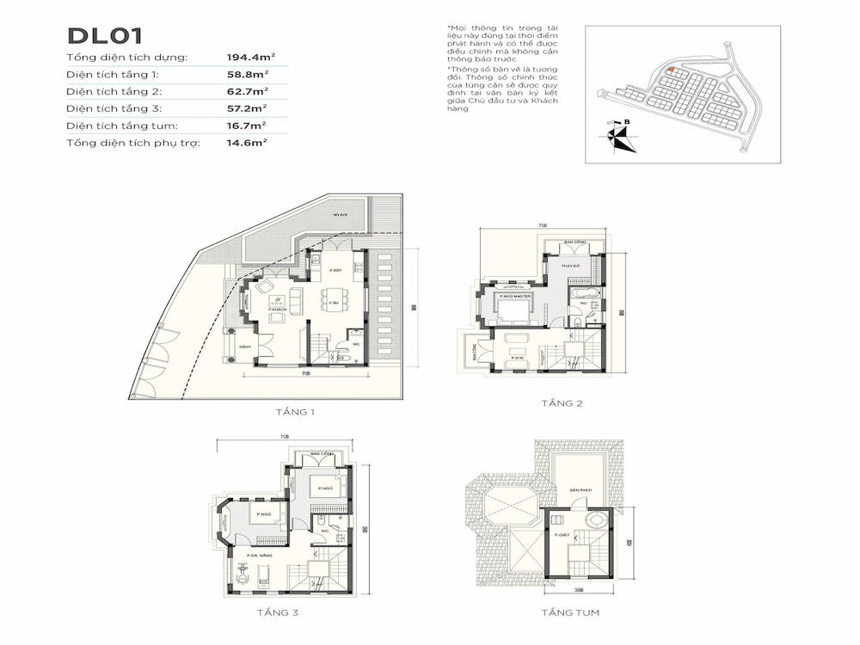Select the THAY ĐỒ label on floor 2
click(572, 268)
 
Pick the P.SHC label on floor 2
click(517, 356)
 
